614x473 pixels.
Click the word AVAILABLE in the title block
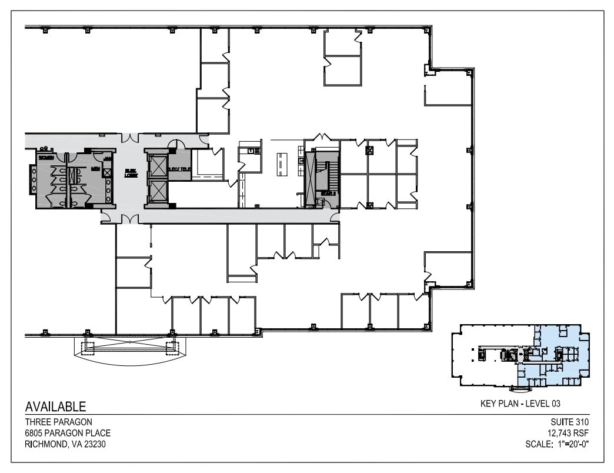click(x=56, y=407)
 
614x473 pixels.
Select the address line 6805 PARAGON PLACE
click(x=67, y=433)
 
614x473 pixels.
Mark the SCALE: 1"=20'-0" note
click(x=557, y=444)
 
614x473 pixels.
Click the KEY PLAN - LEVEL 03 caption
click(x=520, y=404)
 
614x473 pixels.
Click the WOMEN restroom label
click(x=46, y=158)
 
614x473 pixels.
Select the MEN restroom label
click(x=95, y=169)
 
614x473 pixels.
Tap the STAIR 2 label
click(x=328, y=193)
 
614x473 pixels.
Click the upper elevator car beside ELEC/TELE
click(x=158, y=165)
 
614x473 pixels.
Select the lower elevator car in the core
click(x=158, y=189)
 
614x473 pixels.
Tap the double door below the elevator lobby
click(x=130, y=218)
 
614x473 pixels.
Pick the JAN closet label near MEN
click(x=108, y=158)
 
